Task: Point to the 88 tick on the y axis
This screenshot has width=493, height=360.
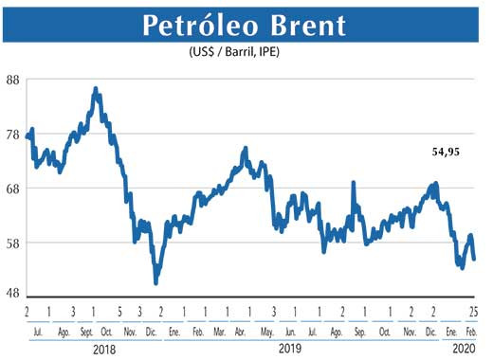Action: (x=13, y=81)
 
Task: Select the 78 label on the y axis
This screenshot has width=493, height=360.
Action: (x=13, y=135)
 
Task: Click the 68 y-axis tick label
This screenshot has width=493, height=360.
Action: (x=13, y=189)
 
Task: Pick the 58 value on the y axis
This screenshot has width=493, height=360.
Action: (x=13, y=243)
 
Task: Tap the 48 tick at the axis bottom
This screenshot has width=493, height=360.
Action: (x=13, y=293)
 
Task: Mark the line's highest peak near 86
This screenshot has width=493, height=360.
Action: (x=96, y=89)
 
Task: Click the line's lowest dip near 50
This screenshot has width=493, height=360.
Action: (x=155, y=282)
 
